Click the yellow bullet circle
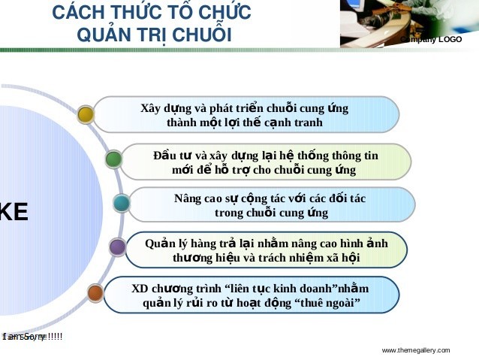[86, 114]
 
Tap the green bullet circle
[113, 159]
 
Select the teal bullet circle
[121, 203]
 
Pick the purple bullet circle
[116, 247]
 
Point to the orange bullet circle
[95, 292]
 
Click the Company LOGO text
[431, 39]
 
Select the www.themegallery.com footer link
[415, 350]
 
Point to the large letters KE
[14, 213]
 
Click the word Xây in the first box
[152, 107]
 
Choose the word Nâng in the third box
[188, 198]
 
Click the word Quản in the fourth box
[159, 243]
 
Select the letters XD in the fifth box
[140, 289]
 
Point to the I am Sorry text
[32, 337]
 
